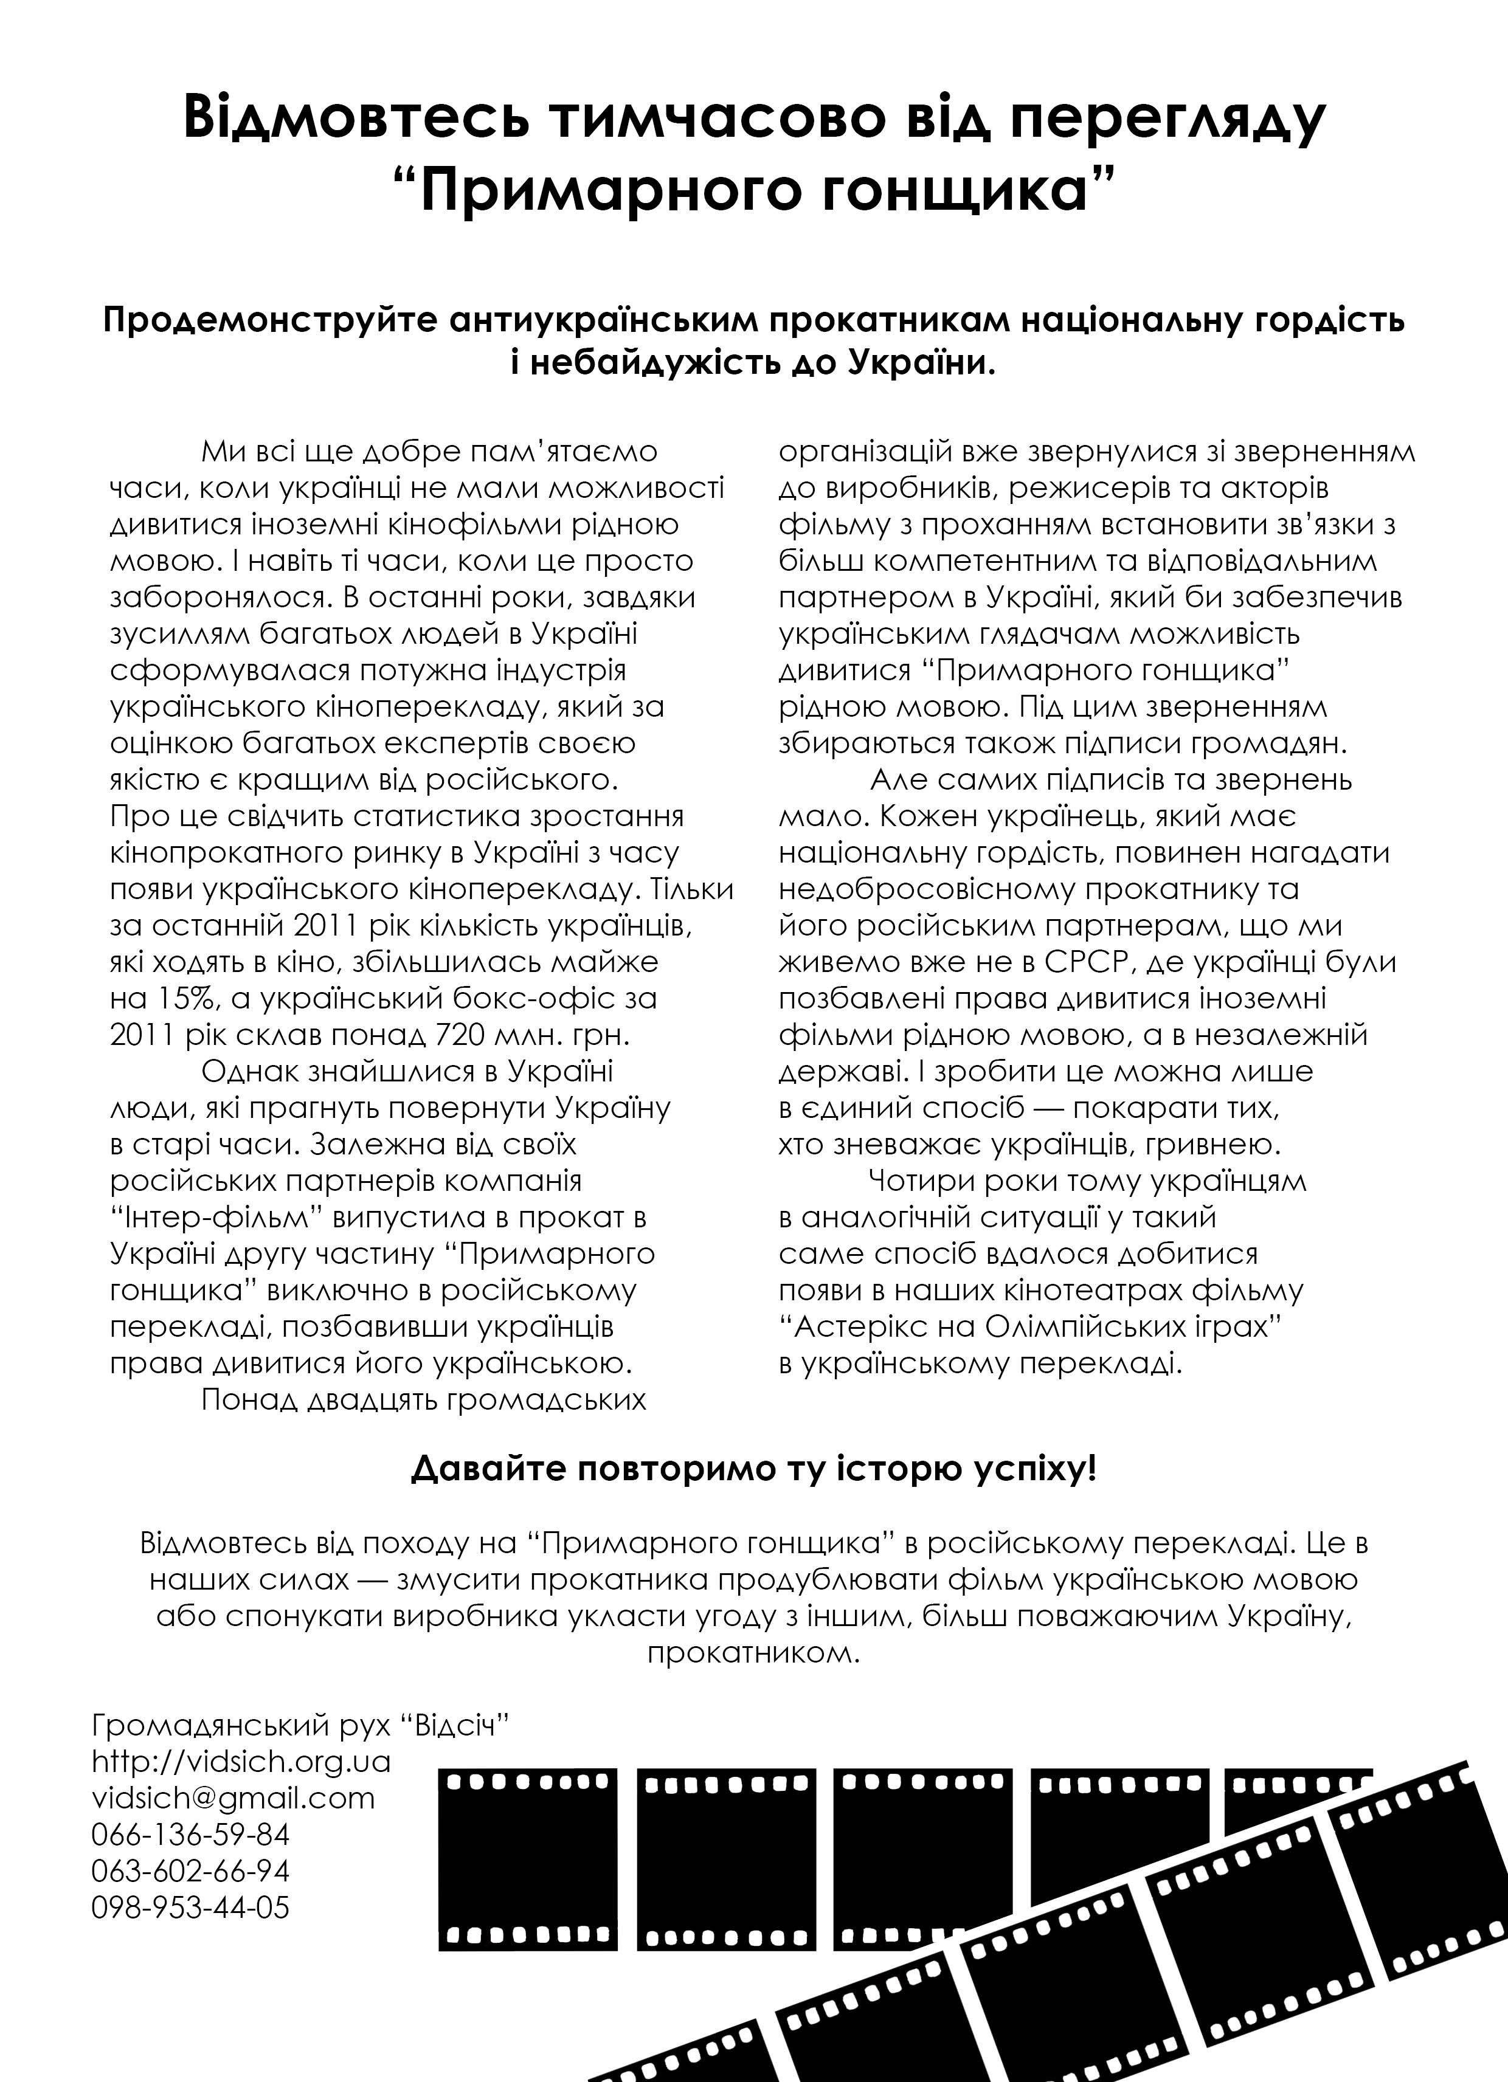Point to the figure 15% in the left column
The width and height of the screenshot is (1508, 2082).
[x=169, y=999]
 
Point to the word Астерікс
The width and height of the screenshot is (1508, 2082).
[x=860, y=1326]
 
